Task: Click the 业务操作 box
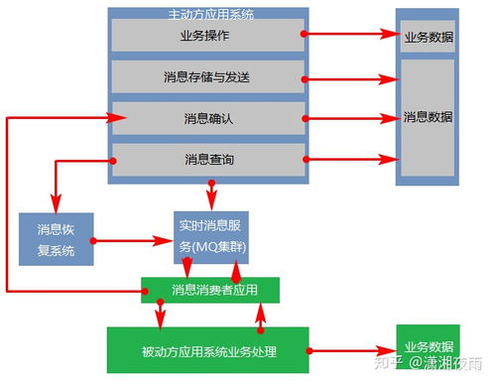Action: click(207, 35)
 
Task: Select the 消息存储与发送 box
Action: click(207, 76)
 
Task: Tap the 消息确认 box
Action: click(207, 118)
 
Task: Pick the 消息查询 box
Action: click(207, 159)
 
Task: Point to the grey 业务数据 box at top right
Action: click(428, 38)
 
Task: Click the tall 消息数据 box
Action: click(428, 117)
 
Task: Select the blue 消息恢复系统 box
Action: click(55, 239)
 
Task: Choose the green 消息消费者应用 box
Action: click(209, 290)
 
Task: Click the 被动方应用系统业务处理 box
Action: click(207, 351)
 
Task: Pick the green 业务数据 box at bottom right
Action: click(428, 347)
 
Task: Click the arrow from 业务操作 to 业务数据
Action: click(352, 34)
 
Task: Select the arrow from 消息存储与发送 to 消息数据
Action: click(352, 75)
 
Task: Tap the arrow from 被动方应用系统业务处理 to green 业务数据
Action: click(352, 350)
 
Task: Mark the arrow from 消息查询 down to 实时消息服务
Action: click(211, 192)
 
